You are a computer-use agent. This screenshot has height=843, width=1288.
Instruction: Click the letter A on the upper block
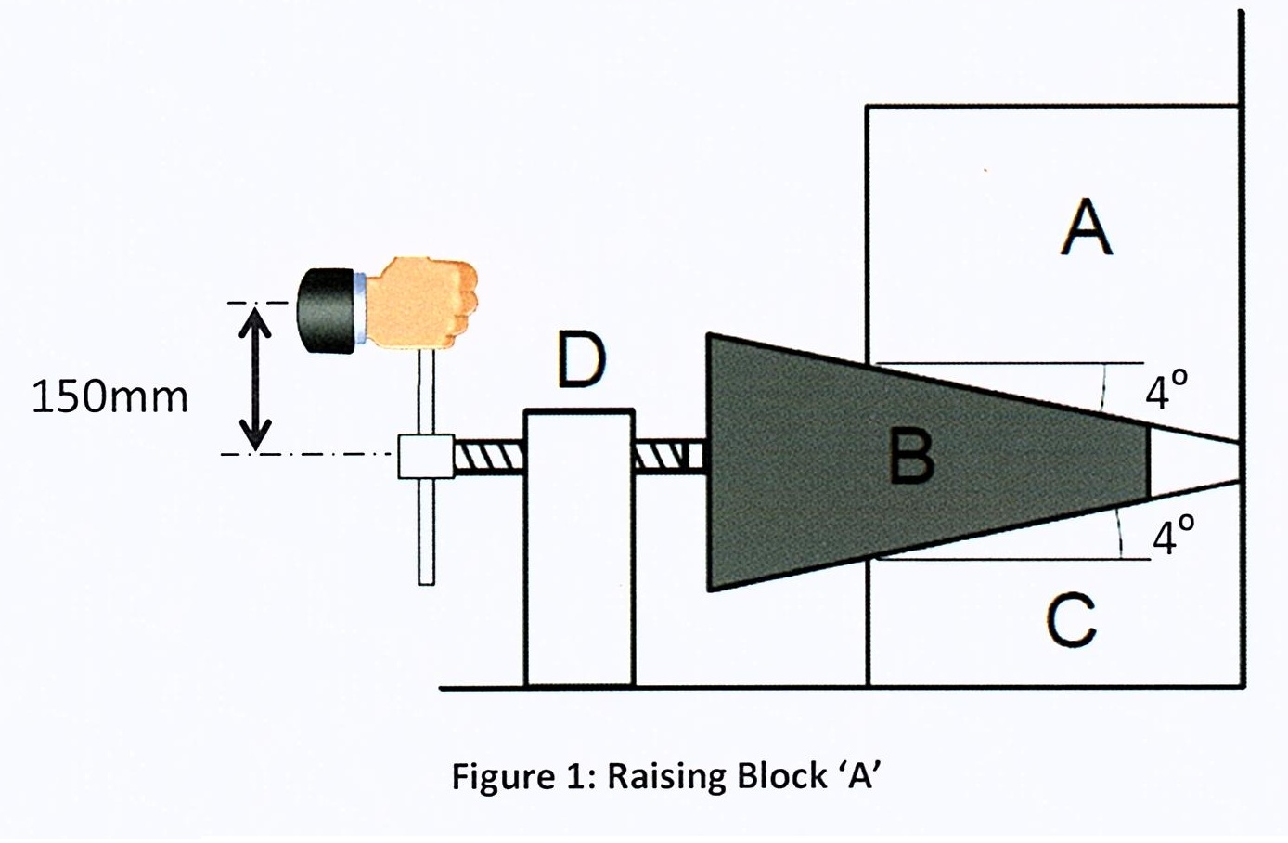(x=1087, y=228)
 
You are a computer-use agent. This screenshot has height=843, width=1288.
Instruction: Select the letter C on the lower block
(x=1071, y=620)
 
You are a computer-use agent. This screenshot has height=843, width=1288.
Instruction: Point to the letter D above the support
(x=581, y=361)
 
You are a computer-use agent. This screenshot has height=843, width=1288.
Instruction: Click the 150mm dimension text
(x=109, y=397)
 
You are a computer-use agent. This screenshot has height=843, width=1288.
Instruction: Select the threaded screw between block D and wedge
(x=670, y=455)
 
